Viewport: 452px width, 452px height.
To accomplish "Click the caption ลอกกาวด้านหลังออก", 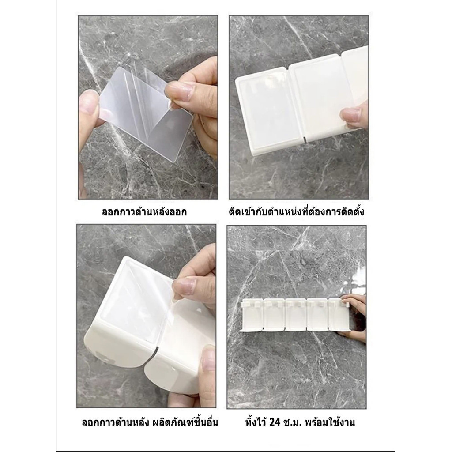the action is coord(144,212).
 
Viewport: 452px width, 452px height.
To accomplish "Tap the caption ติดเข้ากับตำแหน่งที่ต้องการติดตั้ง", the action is coord(296,211).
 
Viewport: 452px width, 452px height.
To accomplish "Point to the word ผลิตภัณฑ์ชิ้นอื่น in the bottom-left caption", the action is coord(185,422).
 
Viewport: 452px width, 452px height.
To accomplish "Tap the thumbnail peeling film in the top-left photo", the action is coord(180,92).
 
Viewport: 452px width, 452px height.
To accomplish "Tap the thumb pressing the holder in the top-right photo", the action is coord(354,117).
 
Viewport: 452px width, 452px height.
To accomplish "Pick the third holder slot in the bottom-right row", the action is coord(295,315).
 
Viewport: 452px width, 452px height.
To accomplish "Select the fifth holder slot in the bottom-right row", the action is coord(339,315).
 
